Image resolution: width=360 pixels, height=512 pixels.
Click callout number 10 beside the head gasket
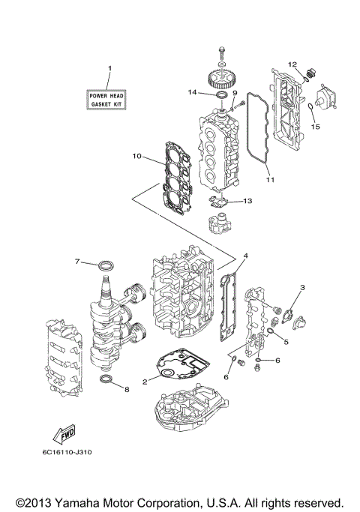136,157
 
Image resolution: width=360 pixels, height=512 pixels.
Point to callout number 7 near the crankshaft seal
77,261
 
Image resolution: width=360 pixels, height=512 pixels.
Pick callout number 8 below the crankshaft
127,389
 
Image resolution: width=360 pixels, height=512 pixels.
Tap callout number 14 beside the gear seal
192,93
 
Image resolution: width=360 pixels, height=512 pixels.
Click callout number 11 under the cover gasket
270,180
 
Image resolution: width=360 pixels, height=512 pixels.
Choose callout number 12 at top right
293,64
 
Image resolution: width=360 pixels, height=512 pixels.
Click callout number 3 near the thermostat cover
302,287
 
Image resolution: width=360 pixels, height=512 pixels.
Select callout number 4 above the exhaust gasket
245,256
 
